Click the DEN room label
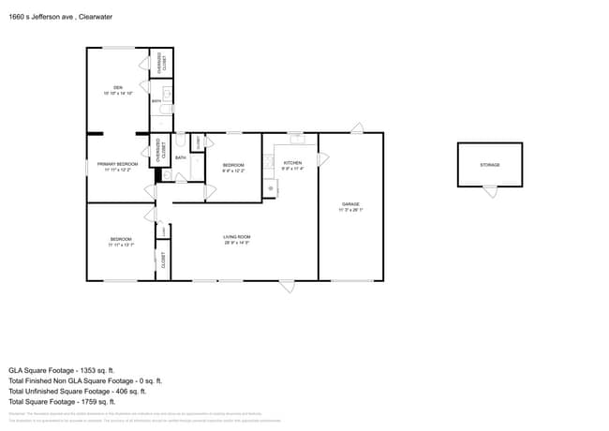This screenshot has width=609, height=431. pos(118,87)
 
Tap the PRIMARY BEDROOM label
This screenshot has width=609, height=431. pos(118,164)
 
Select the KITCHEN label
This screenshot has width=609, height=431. pos(293,164)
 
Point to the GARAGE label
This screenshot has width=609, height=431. pos(349,203)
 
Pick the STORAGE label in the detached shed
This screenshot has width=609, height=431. pos(490,165)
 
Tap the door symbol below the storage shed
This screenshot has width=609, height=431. pos(490,191)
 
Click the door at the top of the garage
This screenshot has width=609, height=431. pos(356,126)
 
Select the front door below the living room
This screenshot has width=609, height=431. pos(287,286)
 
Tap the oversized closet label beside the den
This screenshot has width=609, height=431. pos(161,61)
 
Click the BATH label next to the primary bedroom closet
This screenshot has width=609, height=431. pos(180,157)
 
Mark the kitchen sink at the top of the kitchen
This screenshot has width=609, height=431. pos(295,140)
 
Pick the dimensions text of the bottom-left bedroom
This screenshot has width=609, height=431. pos(121,245)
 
